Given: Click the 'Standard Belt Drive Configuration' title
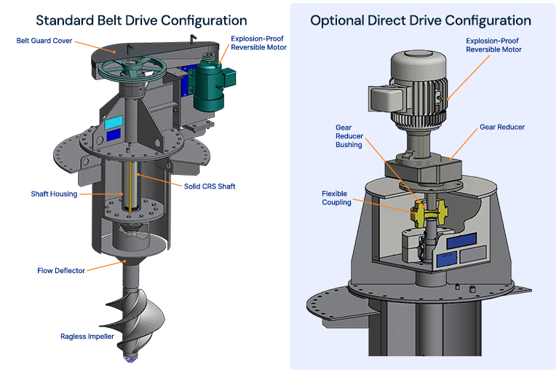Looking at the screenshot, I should [x=141, y=20].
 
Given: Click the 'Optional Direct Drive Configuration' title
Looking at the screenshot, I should [x=421, y=20].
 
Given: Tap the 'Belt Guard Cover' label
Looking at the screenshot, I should [x=44, y=41].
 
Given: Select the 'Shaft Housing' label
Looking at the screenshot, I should [x=54, y=195].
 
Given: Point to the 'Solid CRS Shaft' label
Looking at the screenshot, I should [x=210, y=186].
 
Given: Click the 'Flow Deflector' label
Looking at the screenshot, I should [x=61, y=270].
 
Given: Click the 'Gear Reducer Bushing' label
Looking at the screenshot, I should [x=349, y=136].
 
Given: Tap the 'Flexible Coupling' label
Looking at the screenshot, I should [x=336, y=198].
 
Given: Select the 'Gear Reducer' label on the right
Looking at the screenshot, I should [x=501, y=127].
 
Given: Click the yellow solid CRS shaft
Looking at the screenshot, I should [x=132, y=185].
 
